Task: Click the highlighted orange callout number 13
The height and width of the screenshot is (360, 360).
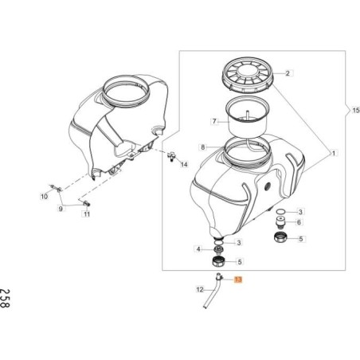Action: pos(238,280)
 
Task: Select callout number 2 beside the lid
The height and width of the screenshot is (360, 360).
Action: pos(288,73)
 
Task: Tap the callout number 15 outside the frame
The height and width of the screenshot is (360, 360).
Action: pos(356,110)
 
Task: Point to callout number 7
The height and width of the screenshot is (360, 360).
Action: pos(214,122)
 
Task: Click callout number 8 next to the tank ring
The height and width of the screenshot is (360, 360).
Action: pos(203,147)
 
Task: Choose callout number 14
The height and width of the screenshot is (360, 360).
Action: pos(184,164)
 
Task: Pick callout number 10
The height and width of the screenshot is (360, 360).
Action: pos(44,197)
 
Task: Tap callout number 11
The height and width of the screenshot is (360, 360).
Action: pos(87,213)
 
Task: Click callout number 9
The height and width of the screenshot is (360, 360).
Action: pos(61,209)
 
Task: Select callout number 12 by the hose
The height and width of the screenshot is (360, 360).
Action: pos(200,289)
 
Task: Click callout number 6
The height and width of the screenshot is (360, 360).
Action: pos(299,222)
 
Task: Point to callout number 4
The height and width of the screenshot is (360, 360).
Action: pos(198,249)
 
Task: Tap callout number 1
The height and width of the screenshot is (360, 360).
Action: pos(334,153)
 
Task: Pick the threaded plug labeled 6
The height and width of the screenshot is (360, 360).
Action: pos(280,222)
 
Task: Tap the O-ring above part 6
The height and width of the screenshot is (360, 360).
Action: pos(280,212)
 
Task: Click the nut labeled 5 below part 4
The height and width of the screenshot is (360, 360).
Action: pos(219,262)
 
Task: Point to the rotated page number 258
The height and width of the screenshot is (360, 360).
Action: pos(5,298)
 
